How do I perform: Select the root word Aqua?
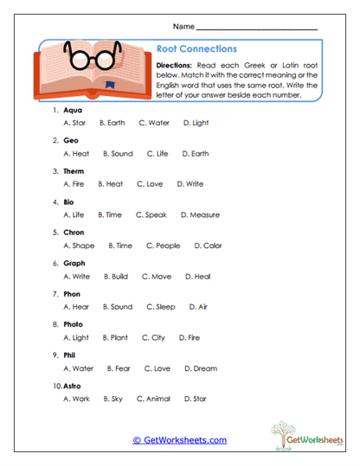tap(74, 111)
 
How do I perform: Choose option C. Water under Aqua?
tap(154, 124)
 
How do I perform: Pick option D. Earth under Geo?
tap(196, 154)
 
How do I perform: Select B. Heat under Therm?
tap(110, 184)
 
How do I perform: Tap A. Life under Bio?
tap(74, 214)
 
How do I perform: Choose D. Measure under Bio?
tap(200, 214)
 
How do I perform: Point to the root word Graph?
tap(74, 263)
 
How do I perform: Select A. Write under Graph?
tap(76, 277)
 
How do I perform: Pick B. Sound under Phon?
tap(117, 306)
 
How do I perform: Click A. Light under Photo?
tap(76, 337)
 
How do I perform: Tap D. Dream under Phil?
tap(200, 368)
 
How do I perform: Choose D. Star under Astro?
tap(195, 399)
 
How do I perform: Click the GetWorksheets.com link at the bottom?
tap(180, 440)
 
